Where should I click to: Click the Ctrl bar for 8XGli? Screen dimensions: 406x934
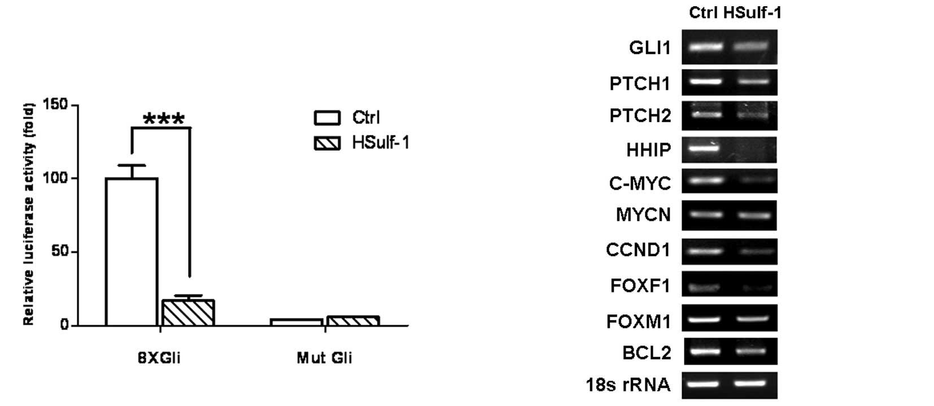click(132, 251)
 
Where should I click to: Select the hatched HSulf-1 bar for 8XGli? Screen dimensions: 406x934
click(188, 312)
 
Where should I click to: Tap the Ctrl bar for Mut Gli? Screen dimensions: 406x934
click(296, 322)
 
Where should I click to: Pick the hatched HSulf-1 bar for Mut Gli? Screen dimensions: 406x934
click(353, 321)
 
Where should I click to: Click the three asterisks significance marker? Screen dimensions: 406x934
click(164, 120)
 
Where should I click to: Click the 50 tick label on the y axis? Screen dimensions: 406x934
click(59, 251)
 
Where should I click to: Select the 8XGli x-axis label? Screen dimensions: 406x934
click(159, 358)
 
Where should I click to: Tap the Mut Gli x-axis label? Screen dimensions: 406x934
click(324, 358)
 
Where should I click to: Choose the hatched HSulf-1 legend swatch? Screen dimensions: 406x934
click(327, 143)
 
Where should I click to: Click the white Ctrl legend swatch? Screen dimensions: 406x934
click(327, 117)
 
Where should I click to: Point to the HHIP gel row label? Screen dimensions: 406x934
click(648, 150)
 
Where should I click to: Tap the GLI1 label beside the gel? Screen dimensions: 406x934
click(650, 47)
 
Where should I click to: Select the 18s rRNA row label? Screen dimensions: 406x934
click(628, 385)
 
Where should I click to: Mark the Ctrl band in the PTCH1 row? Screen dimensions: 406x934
click(702, 81)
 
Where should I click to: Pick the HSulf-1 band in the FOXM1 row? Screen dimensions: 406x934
click(752, 319)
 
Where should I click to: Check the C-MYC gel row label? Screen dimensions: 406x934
click(640, 183)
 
